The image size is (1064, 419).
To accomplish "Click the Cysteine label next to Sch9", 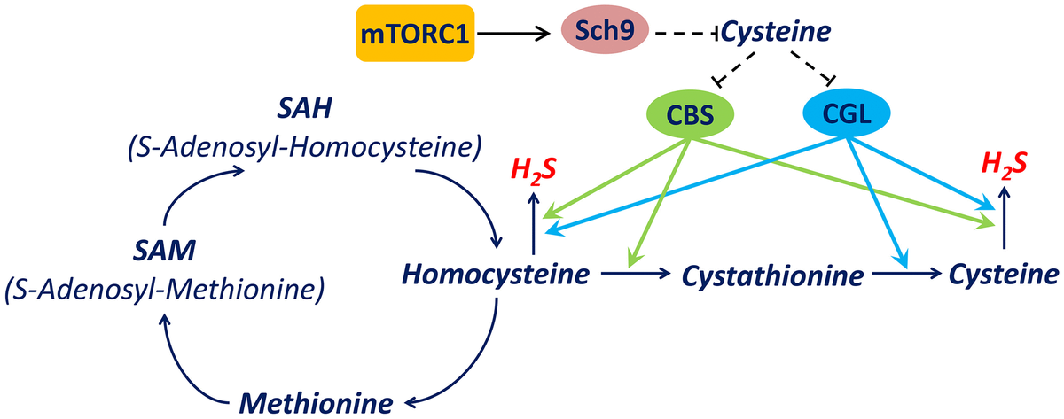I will point(777,34).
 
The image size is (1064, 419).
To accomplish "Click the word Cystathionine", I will point(772,276).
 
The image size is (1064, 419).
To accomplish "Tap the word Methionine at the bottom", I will point(315,400).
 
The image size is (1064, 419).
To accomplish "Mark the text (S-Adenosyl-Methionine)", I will point(163,289).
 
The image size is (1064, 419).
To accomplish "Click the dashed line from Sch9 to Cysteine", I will point(686,34).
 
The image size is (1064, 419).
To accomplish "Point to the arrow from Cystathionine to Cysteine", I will point(908,275).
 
